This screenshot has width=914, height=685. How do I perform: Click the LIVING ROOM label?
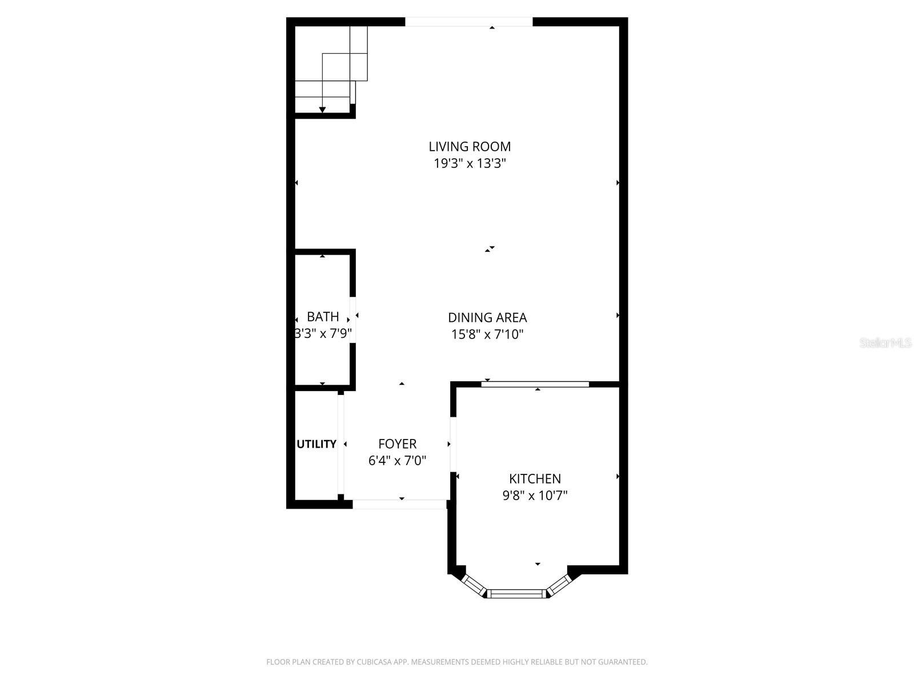(470, 147)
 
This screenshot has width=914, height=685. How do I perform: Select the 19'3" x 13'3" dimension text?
(470, 164)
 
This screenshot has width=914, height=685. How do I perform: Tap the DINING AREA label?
(487, 317)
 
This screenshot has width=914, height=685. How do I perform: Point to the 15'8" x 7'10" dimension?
(487, 335)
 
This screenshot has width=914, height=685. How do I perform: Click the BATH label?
(323, 317)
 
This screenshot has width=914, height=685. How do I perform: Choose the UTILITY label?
(316, 444)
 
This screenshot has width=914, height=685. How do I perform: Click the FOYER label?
(397, 444)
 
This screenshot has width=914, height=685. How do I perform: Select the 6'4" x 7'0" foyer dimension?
(397, 461)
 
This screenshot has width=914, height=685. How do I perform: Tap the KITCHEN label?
(535, 478)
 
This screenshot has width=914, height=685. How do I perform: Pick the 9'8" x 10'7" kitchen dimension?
(535, 495)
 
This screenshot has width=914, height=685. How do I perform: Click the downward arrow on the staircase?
(322, 109)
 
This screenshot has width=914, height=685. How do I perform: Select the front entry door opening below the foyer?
(399, 504)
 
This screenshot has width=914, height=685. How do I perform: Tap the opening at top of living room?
(468, 22)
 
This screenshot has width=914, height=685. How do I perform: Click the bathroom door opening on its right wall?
(353, 320)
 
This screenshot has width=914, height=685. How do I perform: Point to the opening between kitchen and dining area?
(535, 384)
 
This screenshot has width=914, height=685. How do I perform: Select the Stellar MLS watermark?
(885, 343)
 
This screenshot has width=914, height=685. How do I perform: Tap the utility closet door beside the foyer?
(340, 444)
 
